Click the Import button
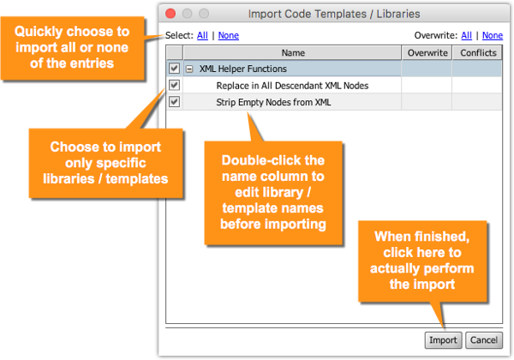pyautogui.click(x=443, y=340)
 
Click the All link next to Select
pyautogui.click(x=202, y=35)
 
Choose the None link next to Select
pyautogui.click(x=229, y=35)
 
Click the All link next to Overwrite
pyautogui.click(x=467, y=35)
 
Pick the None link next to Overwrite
pyautogui.click(x=493, y=35)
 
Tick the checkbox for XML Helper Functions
pyautogui.click(x=174, y=69)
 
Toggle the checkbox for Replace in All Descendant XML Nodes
pyautogui.click(x=174, y=85)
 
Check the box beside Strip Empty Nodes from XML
pyautogui.click(x=174, y=102)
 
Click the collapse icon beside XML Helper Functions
pyautogui.click(x=189, y=69)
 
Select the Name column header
pyautogui.click(x=293, y=53)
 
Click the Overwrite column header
pyautogui.click(x=427, y=53)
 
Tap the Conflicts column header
pyautogui.click(x=478, y=53)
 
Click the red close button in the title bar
pyautogui.click(x=170, y=14)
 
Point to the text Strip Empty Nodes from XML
pyautogui.click(x=273, y=102)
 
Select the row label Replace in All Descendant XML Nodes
pyautogui.click(x=292, y=86)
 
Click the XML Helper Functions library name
pyautogui.click(x=243, y=69)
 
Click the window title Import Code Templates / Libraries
pyautogui.click(x=334, y=14)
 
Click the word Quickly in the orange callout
pyautogui.click(x=38, y=32)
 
